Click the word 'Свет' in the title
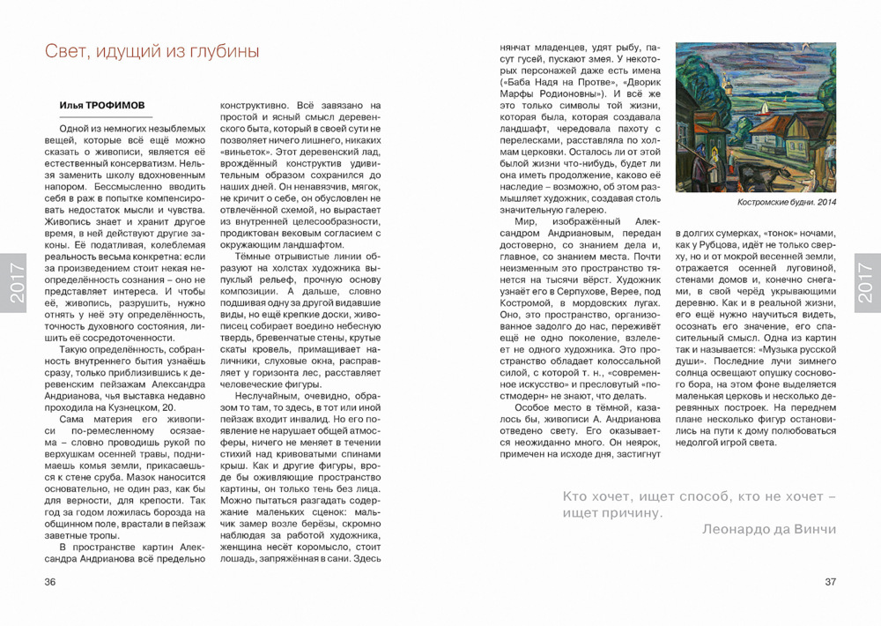pos(64,52)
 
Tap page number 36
pos(50,581)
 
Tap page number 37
pos(830,581)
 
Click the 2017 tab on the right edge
pos(866,282)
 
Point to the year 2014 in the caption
pos(825,202)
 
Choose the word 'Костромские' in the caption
pos(765,202)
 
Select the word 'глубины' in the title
pos(225,52)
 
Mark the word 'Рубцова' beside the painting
pos(740,247)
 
